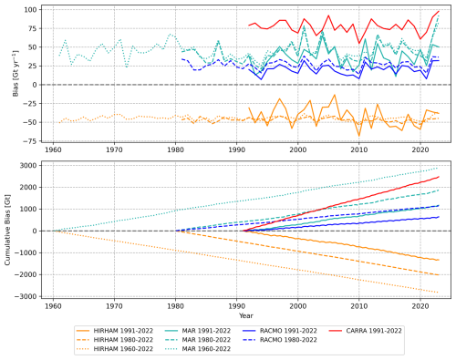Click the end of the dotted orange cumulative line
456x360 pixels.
click(x=439, y=293)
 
